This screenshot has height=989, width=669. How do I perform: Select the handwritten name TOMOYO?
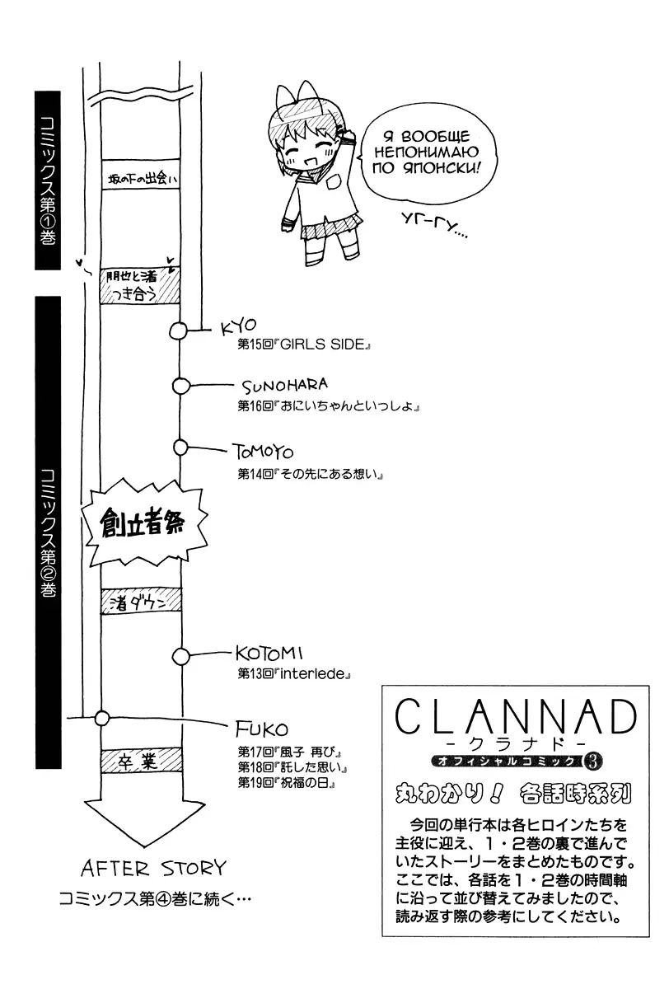263,452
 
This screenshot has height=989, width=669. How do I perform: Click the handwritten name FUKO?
261,729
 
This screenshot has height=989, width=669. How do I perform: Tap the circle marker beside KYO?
178,331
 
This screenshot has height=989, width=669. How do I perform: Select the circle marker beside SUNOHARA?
181,385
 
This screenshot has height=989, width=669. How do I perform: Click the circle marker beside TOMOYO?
181,447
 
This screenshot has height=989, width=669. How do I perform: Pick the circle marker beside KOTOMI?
180,656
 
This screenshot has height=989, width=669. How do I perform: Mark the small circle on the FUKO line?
102,717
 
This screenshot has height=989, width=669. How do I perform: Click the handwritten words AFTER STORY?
153,868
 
